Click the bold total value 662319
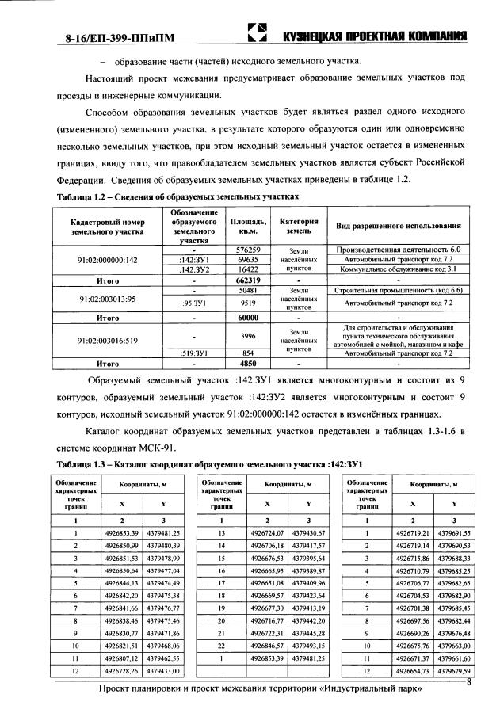pyautogui.click(x=249, y=280)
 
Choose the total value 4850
pyautogui.click(x=249, y=364)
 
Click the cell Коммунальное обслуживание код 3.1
pyautogui.click(x=399, y=269)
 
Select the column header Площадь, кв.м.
pyautogui.click(x=249, y=227)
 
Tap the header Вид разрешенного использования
pyautogui.click(x=399, y=227)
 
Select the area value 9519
pyautogui.click(x=249, y=303)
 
